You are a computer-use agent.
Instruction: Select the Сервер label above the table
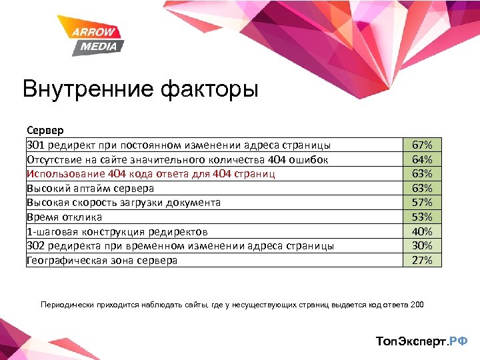coord(45,131)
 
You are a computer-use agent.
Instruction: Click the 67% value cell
coord(422,145)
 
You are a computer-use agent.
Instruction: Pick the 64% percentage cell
coord(422,159)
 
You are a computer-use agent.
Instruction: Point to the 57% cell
coord(422,203)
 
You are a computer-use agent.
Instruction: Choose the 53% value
coord(422,217)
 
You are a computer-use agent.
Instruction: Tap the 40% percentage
coord(422,231)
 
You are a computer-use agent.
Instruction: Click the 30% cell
coord(422,246)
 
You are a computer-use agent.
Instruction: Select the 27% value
coord(422,260)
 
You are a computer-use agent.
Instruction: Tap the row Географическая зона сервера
coord(102,261)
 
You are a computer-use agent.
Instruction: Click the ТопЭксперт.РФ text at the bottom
coord(421,341)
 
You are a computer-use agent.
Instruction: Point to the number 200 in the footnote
coord(417,305)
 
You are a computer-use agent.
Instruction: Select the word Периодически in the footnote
coord(66,305)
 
